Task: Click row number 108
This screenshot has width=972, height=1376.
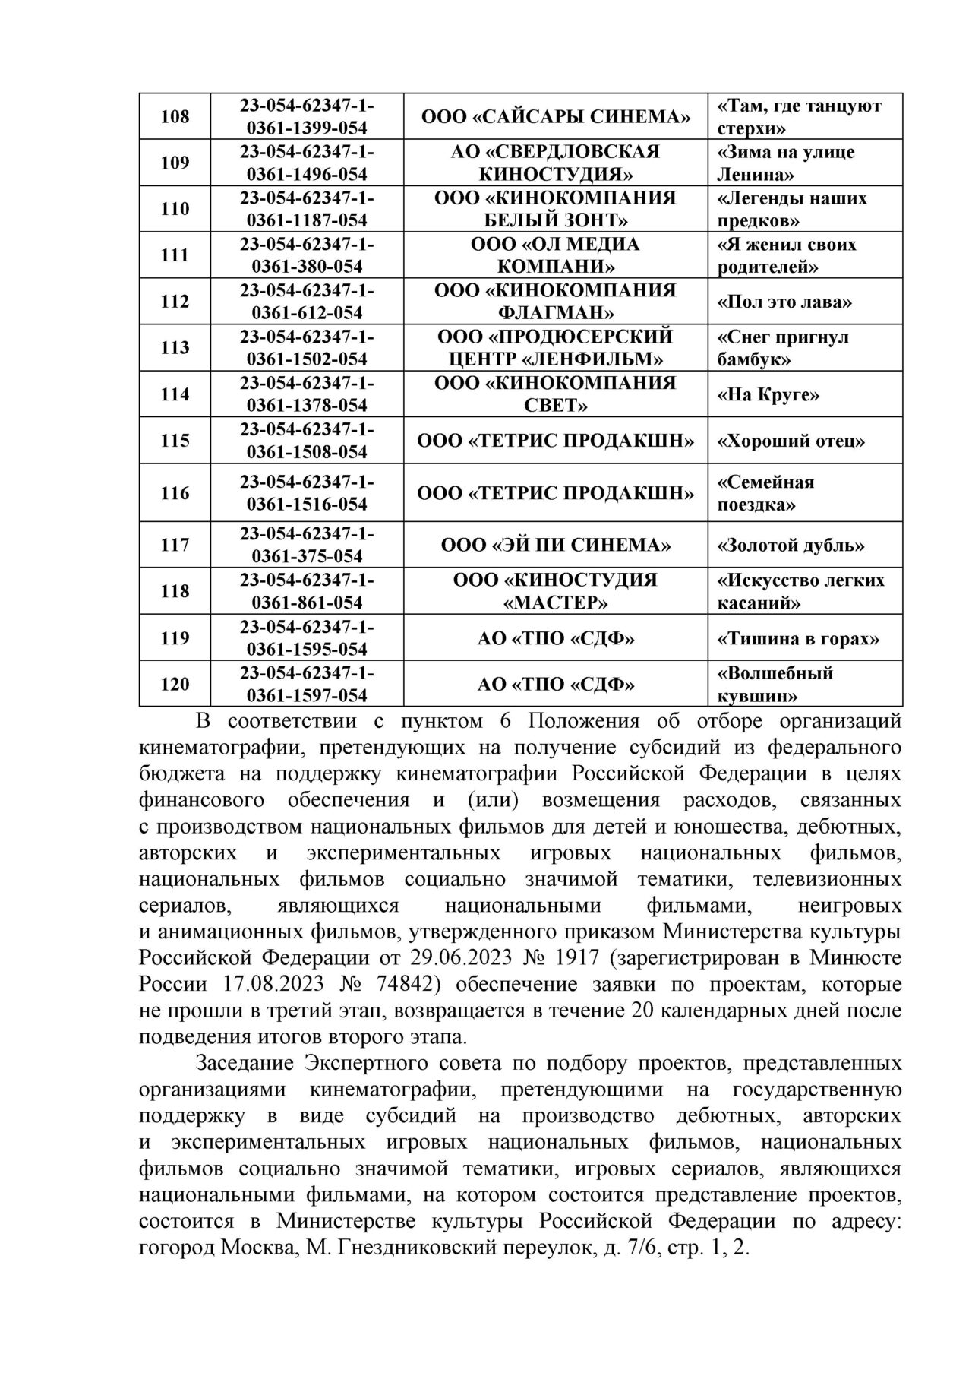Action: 175,116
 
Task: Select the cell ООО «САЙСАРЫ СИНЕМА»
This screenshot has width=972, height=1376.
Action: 555,116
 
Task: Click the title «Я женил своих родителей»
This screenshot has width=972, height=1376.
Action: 787,255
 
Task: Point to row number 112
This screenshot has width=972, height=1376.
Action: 175,302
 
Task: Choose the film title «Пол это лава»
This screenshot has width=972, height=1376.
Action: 784,302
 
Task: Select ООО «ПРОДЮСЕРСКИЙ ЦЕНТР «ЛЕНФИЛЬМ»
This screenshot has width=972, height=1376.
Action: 555,348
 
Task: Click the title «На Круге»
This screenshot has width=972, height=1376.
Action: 768,394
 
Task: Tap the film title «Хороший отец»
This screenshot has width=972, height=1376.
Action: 791,441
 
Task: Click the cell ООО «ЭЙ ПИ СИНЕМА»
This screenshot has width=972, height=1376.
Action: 555,546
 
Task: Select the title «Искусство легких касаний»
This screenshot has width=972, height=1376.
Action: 800,591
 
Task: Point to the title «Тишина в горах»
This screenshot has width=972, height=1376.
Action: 798,638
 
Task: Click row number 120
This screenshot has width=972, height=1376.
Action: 175,685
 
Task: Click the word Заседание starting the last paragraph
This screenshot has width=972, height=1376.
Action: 245,1064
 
